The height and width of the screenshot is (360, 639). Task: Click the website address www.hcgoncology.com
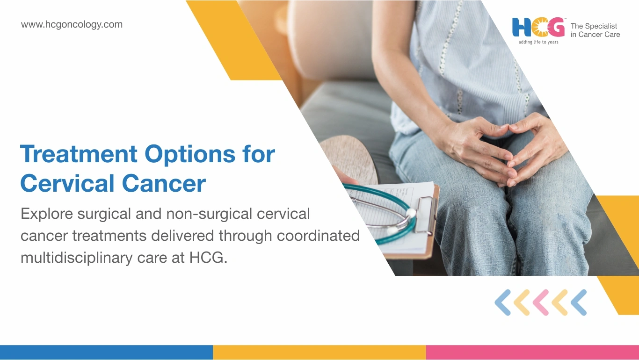click(x=72, y=25)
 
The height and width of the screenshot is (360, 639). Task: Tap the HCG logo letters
click(x=538, y=27)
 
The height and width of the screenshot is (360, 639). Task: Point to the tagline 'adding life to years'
click(x=538, y=42)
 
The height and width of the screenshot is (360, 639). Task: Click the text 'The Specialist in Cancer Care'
click(x=595, y=30)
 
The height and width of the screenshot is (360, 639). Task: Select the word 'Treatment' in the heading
click(x=79, y=154)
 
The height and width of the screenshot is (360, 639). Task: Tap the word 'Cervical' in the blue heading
click(x=67, y=183)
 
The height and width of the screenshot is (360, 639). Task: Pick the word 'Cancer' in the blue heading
click(x=164, y=184)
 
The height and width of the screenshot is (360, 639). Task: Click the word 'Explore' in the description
click(x=46, y=214)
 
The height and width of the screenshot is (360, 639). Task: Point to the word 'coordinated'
click(x=318, y=236)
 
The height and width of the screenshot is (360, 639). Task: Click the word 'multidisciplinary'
click(x=76, y=258)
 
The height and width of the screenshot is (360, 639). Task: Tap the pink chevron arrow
click(x=541, y=302)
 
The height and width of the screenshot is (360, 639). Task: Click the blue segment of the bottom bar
click(x=106, y=352)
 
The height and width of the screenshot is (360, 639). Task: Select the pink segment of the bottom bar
click(x=532, y=352)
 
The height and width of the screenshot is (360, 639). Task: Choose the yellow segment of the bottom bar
click(x=319, y=352)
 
